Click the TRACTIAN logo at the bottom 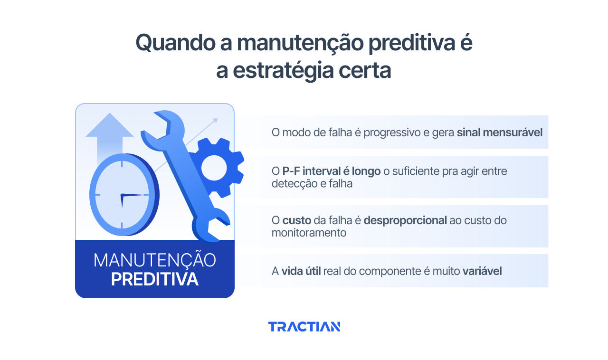click(x=304, y=327)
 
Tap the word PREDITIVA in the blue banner click(x=154, y=279)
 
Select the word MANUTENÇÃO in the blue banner click(x=154, y=260)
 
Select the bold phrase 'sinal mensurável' click(x=499, y=132)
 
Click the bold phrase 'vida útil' click(x=301, y=271)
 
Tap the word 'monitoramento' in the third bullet click(x=309, y=233)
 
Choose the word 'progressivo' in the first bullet click(x=393, y=132)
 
